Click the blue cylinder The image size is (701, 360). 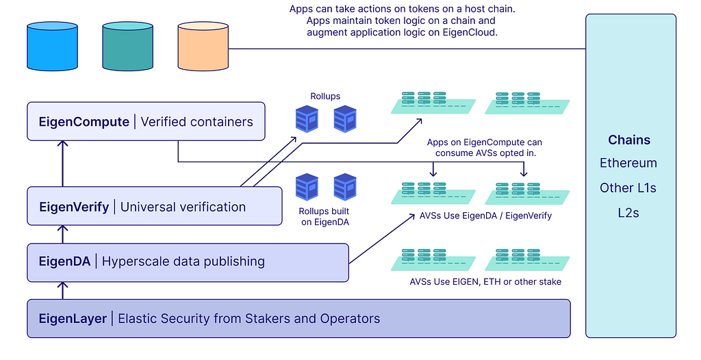(x=51, y=46)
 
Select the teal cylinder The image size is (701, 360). (x=127, y=46)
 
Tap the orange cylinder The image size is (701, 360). (x=203, y=46)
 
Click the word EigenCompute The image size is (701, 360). (x=84, y=122)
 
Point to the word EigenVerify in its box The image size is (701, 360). (x=74, y=207)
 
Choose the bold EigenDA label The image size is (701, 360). (x=65, y=261)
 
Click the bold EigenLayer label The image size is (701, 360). (x=73, y=318)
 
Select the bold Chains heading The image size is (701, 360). (x=629, y=140)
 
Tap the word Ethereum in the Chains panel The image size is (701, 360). (x=628, y=163)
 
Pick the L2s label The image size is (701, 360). (x=628, y=212)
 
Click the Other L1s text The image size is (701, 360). (x=628, y=188)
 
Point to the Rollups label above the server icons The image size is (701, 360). (x=324, y=97)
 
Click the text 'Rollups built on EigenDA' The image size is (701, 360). (x=324, y=216)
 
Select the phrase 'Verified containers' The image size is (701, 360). (x=197, y=122)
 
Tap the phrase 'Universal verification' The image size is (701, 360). (x=183, y=207)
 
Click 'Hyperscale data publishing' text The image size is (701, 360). (x=183, y=261)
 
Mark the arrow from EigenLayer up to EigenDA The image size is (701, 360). (x=62, y=290)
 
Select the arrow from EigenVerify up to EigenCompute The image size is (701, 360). (x=62, y=164)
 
